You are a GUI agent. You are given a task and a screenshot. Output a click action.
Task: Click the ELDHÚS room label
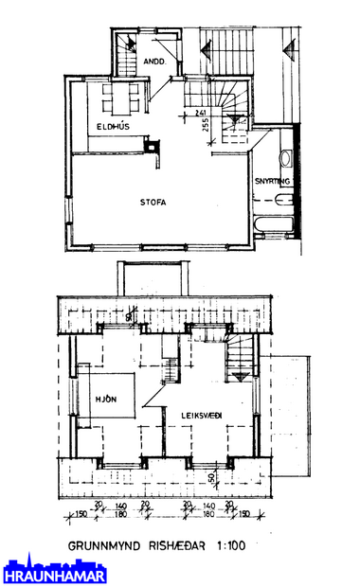[114, 126]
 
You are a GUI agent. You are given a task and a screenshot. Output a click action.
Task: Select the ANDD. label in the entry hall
[155, 62]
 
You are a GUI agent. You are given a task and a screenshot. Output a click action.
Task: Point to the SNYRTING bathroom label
[274, 181]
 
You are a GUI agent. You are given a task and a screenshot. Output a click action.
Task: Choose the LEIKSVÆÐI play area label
[194, 413]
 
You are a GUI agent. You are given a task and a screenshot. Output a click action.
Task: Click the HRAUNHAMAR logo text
[54, 576]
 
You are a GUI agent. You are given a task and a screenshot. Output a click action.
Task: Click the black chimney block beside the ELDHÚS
[151, 146]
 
